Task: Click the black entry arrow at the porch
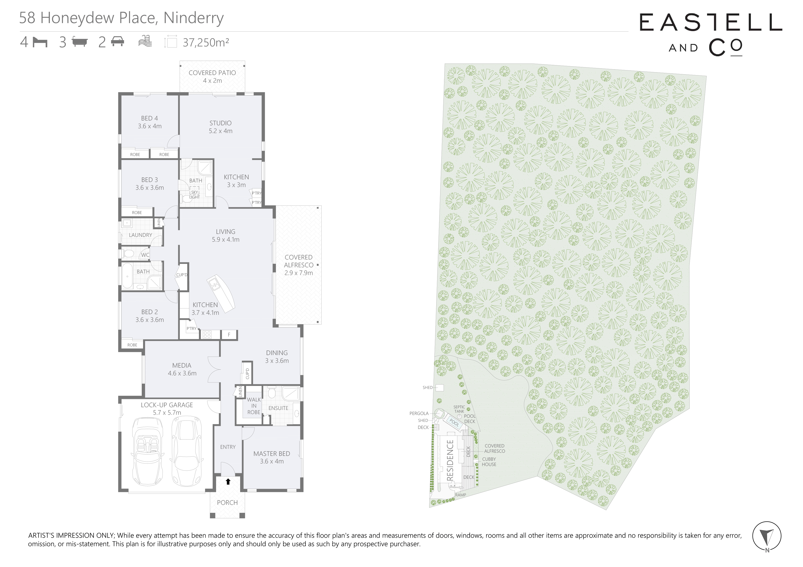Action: click(x=228, y=482)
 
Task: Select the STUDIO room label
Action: click(x=220, y=123)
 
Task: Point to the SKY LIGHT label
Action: click(x=194, y=195)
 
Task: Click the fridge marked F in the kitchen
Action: click(x=229, y=335)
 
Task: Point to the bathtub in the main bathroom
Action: click(x=127, y=276)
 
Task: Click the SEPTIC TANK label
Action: click(x=459, y=409)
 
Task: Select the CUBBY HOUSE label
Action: click(x=489, y=462)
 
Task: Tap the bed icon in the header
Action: click(x=40, y=42)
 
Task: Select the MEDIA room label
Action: click(x=182, y=365)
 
